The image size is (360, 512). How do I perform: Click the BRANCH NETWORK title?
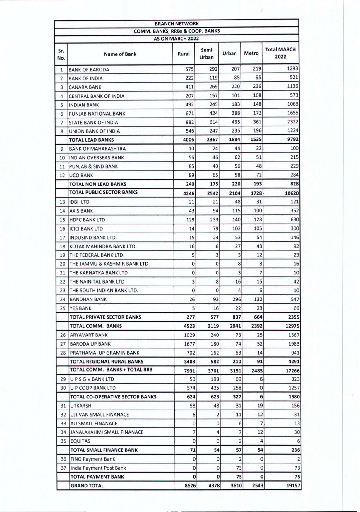pyautogui.click(x=176, y=24)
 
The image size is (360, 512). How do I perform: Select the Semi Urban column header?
pyautogui.click(x=206, y=54)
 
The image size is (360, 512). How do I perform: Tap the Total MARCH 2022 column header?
pyautogui.click(x=280, y=53)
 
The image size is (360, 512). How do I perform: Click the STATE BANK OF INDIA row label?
pyautogui.click(x=93, y=123)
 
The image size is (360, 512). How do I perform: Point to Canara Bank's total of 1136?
pyautogui.click(x=292, y=87)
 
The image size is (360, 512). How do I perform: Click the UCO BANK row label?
pyautogui.click(x=81, y=176)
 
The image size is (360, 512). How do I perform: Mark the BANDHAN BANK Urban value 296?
pyautogui.click(x=236, y=299)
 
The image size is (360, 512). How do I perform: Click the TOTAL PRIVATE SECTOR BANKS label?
pyautogui.click(x=105, y=317)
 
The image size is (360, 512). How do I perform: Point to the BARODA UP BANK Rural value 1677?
pyautogui.click(x=189, y=344)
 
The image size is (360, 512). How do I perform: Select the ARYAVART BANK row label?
pyautogui.click(x=89, y=335)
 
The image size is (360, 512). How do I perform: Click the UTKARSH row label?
pyautogui.click(x=80, y=406)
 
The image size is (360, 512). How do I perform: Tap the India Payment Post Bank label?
pyautogui.click(x=98, y=468)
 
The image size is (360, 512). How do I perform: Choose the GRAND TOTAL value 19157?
pyautogui.click(x=293, y=486)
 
